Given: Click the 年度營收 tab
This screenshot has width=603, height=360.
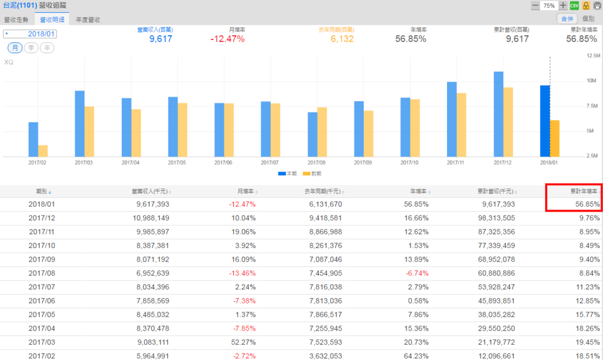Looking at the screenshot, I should click(88, 19).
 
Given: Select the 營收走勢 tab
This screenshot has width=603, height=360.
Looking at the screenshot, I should click(16, 19).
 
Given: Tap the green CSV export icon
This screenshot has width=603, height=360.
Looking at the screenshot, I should click(574, 5).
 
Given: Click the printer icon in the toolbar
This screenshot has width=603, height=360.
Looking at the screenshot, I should click(597, 5).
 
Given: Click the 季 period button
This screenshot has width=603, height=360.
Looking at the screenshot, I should click(30, 48).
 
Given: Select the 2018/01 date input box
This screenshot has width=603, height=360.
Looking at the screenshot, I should click(30, 34).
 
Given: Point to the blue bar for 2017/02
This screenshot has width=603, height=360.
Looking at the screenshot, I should click(33, 139).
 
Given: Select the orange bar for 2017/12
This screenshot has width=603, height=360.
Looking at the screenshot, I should click(508, 122).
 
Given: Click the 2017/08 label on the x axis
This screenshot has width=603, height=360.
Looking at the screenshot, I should click(317, 162).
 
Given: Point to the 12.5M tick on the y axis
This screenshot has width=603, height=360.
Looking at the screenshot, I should click(593, 55).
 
